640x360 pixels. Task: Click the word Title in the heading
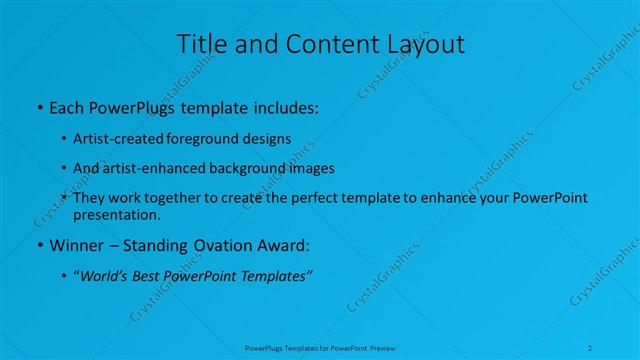[x=200, y=44]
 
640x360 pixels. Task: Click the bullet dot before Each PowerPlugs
[x=38, y=105]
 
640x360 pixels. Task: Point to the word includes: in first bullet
[x=282, y=105]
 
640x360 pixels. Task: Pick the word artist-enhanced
[x=150, y=168]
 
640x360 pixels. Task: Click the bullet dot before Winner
[x=38, y=244]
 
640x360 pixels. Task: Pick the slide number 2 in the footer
[x=591, y=347]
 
